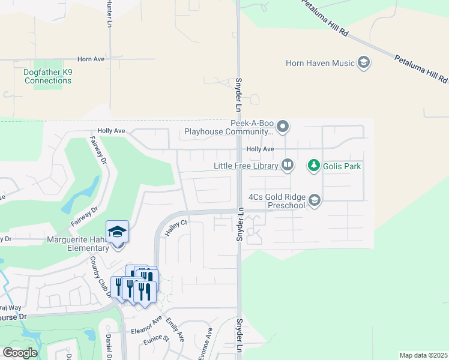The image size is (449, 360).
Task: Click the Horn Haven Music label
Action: click(x=322, y=62)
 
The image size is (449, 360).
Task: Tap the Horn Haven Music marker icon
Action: click(x=363, y=62)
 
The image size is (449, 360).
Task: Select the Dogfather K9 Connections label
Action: click(x=48, y=77)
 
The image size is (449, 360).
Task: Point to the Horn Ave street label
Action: click(x=91, y=59)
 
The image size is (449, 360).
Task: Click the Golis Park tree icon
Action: click(x=313, y=165)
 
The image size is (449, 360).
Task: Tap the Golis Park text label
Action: click(x=342, y=166)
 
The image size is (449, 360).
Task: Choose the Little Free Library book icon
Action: click(x=288, y=165)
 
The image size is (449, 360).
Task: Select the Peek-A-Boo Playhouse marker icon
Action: click(x=284, y=127)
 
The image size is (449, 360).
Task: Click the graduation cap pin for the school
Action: click(x=118, y=232)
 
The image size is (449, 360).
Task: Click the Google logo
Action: click(x=20, y=353)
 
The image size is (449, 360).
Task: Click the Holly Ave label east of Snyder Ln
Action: click(x=260, y=149)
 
